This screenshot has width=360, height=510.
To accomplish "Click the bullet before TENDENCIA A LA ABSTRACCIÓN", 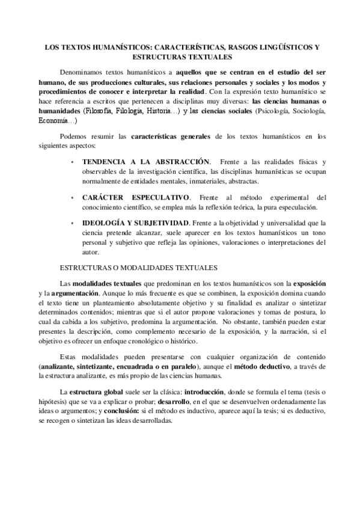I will click(x=73, y=163).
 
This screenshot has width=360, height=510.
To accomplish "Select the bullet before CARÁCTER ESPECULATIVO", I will click(x=73, y=197).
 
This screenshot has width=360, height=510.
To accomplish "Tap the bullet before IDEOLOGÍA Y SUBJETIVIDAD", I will click(x=73, y=223).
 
